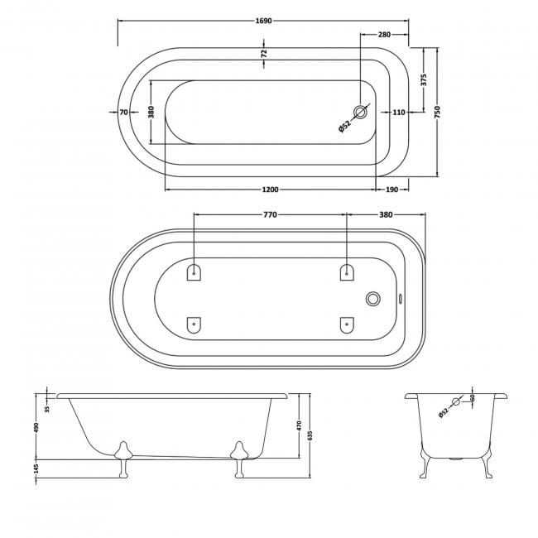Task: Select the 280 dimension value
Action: [384, 35]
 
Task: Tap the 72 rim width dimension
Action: [264, 54]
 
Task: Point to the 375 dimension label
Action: [423, 80]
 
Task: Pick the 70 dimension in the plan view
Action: [123, 113]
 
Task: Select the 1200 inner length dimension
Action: [270, 190]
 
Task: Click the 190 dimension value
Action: [392, 190]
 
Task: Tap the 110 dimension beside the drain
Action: [398, 113]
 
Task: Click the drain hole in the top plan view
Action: [361, 113]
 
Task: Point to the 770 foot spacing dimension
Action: [270, 215]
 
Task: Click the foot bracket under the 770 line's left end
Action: [195, 272]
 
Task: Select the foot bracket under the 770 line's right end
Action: [346, 272]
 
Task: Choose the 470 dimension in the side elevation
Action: [300, 426]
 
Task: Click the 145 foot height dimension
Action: [36, 469]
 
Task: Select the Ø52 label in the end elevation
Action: [444, 411]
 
